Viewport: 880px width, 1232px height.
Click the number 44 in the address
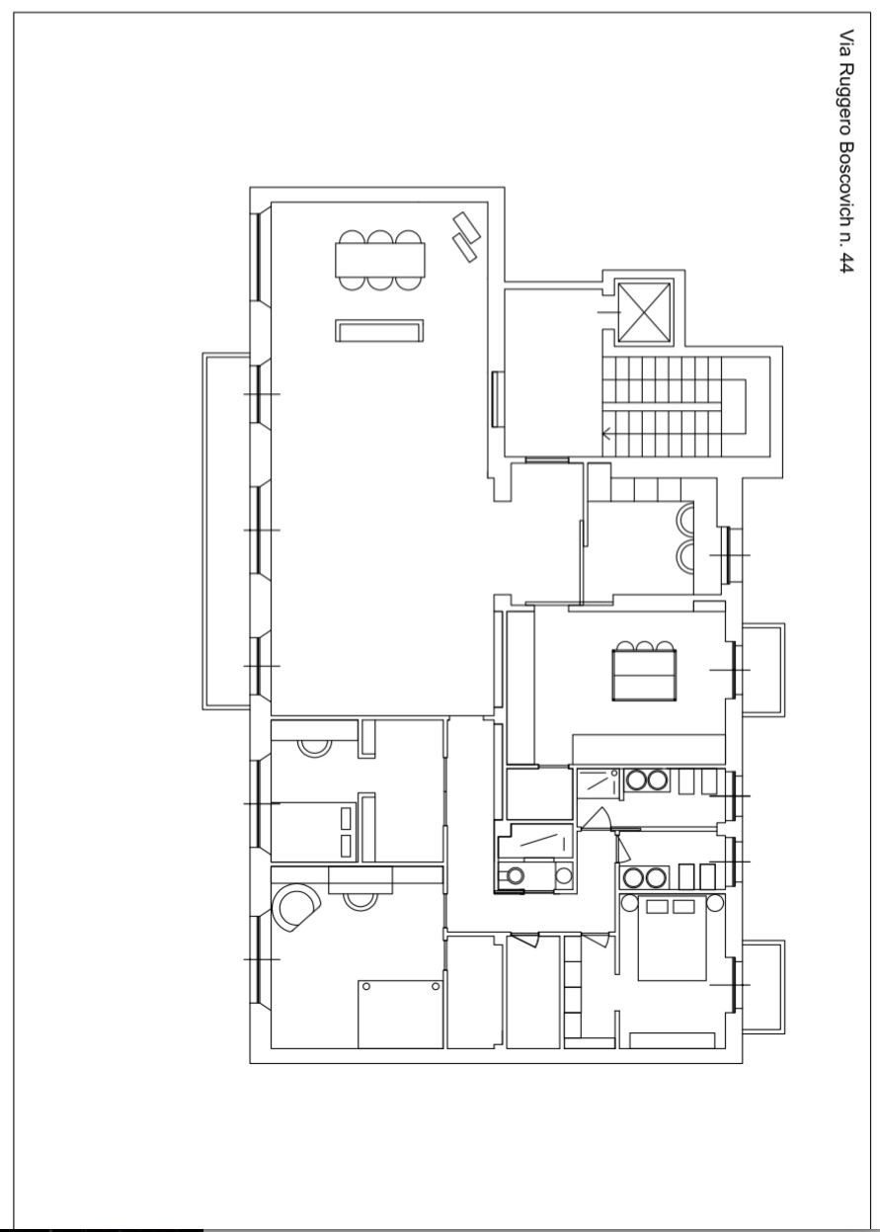[845, 259]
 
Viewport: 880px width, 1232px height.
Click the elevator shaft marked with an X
[644, 312]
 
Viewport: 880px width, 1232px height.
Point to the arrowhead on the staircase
[606, 434]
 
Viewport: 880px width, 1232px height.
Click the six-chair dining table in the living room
[380, 260]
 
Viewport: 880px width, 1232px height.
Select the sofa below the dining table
[379, 331]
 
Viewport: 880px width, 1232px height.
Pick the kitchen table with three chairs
[644, 671]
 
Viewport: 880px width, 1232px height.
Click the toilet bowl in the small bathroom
[514, 874]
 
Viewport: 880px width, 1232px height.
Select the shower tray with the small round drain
[598, 781]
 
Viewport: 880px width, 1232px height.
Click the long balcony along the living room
[226, 531]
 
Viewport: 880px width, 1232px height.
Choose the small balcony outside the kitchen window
[762, 669]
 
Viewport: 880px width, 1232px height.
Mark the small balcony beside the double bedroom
[762, 986]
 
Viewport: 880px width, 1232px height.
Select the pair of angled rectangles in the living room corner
[466, 237]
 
